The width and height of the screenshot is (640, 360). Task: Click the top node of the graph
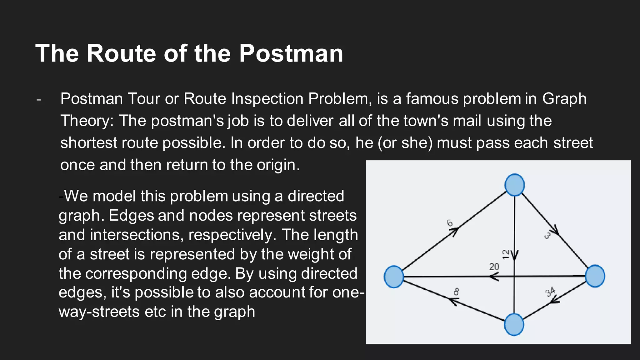click(514, 185)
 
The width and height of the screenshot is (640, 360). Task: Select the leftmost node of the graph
click(394, 277)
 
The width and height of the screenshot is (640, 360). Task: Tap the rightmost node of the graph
click(595, 276)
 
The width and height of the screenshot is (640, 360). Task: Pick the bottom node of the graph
click(514, 324)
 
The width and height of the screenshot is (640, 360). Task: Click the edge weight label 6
click(450, 223)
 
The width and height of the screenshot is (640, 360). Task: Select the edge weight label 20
click(494, 267)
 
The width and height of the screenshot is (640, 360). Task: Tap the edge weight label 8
click(456, 292)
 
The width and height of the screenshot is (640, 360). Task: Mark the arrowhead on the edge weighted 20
click(493, 277)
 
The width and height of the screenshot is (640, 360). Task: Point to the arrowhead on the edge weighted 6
click(455, 232)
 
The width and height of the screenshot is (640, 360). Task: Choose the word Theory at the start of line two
click(87, 121)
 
